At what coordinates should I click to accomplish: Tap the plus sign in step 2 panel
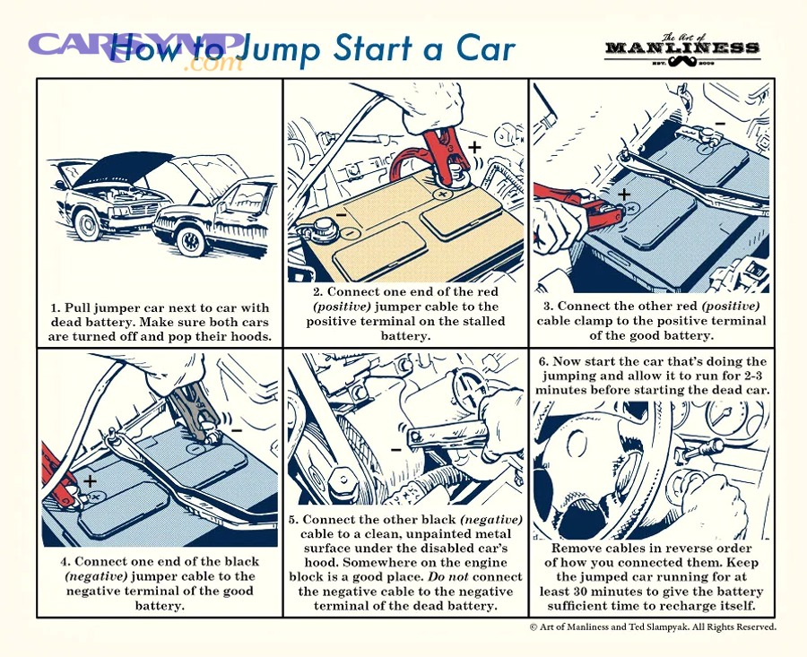coord(474,145)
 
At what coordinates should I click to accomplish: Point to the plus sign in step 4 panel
coord(90,481)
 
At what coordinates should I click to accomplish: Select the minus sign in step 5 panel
coord(395,446)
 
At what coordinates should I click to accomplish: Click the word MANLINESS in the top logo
coord(682,48)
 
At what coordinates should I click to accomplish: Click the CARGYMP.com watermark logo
coord(134,49)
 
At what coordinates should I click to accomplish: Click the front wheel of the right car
coord(191,239)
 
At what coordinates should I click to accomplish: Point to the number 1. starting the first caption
coord(55,308)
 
